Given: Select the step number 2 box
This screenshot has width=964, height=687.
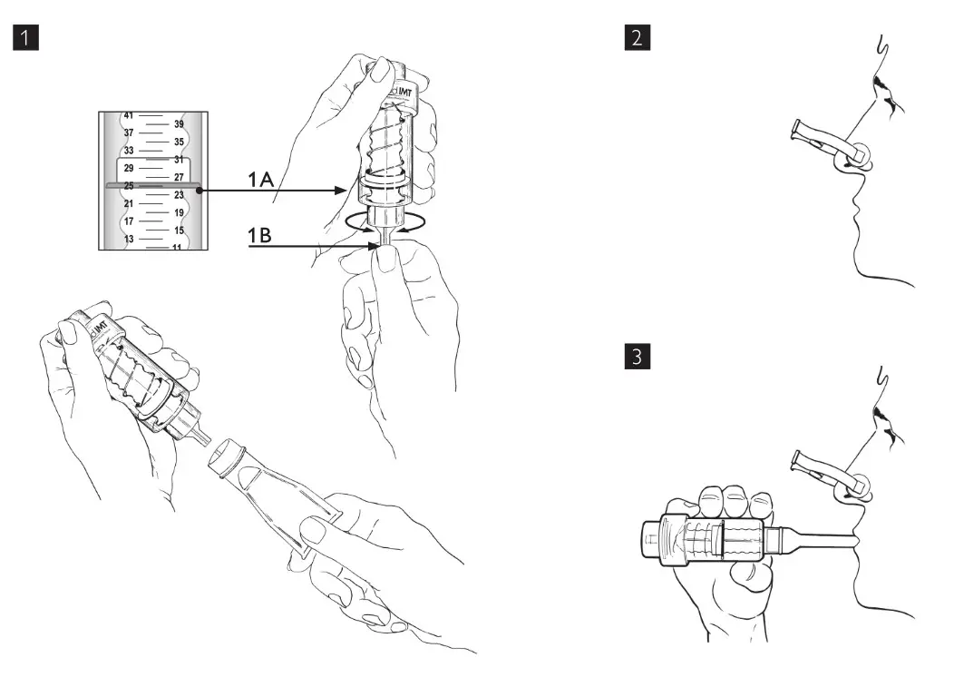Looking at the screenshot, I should (x=638, y=38).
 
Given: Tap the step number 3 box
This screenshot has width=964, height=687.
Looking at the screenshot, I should (x=638, y=356).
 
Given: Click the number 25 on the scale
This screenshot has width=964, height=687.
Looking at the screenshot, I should (x=128, y=186).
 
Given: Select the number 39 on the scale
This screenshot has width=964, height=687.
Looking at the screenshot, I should (x=179, y=123).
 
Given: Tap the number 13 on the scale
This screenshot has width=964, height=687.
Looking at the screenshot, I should (x=128, y=239).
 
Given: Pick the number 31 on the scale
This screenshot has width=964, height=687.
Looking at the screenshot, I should (x=179, y=160).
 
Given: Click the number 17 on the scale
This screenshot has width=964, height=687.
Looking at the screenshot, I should (x=128, y=221).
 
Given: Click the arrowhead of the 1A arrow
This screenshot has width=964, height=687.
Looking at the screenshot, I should (x=342, y=191).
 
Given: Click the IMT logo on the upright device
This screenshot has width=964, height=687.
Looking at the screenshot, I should (x=396, y=92).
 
